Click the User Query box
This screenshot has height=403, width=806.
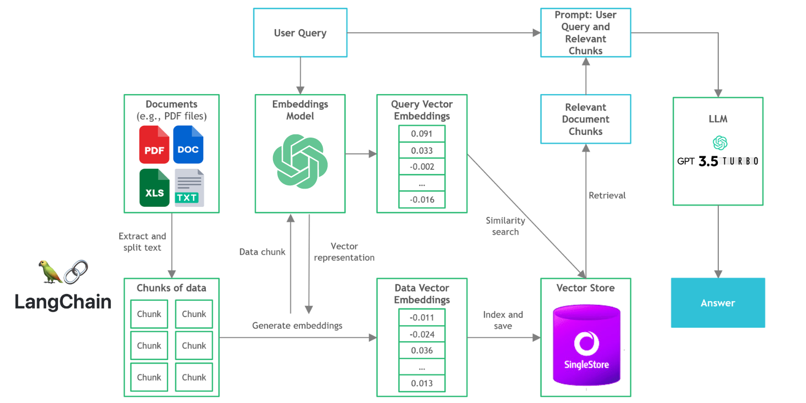point(300,33)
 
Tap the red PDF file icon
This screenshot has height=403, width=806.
point(154,145)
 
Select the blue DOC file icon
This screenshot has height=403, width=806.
point(188,145)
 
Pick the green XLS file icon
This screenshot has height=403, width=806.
point(154,188)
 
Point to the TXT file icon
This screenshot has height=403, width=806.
point(189,188)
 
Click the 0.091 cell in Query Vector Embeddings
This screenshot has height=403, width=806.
point(422,133)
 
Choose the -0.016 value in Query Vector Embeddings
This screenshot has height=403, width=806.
point(422,200)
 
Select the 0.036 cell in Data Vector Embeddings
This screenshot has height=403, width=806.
point(422,350)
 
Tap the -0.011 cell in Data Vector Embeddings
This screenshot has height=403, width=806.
point(422,318)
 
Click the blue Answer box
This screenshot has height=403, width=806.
point(718,303)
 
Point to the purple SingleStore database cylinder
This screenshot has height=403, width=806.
point(587,345)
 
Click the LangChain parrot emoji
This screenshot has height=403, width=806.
point(50,272)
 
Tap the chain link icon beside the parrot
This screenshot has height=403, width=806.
point(76,272)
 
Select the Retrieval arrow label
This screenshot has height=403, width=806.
point(607,196)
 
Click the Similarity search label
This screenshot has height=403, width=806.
point(505,226)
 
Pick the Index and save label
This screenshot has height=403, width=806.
point(502,320)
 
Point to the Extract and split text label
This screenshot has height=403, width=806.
point(142,241)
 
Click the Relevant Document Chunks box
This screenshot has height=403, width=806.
point(586,119)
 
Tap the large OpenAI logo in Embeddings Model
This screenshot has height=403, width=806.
point(300,161)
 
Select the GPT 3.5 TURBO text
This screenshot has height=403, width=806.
point(717,161)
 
